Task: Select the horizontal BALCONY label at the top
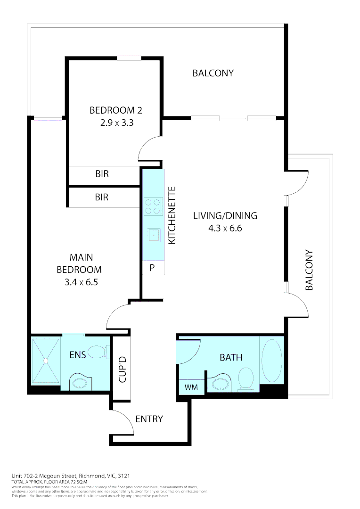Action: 213,73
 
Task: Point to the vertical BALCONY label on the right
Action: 309,270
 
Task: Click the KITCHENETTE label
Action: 172,215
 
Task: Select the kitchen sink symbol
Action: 153,234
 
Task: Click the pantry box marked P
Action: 153,268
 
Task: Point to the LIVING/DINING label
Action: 225,216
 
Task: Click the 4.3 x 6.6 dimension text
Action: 225,228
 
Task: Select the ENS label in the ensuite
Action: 77,355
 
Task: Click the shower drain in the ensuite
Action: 46,361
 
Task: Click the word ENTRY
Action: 149,419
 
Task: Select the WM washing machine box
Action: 191,387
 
